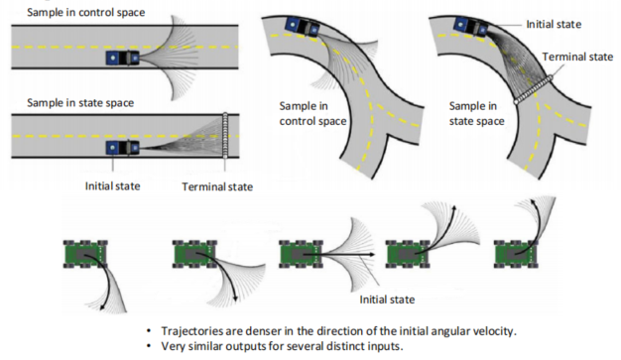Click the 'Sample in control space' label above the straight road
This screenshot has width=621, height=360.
pos(85,12)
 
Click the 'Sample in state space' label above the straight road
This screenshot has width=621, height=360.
pos(80,103)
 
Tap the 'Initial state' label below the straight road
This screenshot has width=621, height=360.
pos(112,186)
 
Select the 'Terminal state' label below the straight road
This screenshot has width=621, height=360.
pos(217,186)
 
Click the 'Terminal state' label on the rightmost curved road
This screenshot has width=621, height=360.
pos(577,58)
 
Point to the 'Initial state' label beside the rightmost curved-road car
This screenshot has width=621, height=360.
pos(554,25)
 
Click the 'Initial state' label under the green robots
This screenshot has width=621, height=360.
pos(387,300)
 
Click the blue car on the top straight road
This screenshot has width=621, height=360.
pos(122,58)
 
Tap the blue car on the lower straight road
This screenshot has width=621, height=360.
pos(122,148)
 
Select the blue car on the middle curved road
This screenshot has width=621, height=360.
pos(303,27)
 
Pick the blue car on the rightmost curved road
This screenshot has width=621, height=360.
pos(470,27)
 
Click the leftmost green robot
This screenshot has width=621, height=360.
pos(85,254)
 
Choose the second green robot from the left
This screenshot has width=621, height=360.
pos(194,254)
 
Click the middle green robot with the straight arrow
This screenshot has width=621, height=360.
pos(301,254)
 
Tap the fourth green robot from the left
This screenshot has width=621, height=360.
pos(408,254)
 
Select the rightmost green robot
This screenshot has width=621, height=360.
pos(516,254)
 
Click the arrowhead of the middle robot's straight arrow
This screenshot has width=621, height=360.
pos(371,254)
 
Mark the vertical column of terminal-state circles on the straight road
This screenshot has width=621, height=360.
pos(225,136)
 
